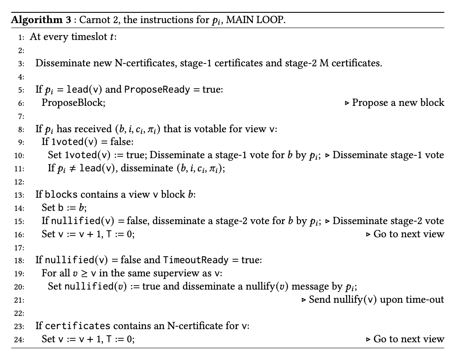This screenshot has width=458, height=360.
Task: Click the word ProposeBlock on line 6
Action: pyautogui.click(x=73, y=103)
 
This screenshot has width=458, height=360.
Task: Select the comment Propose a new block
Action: pyautogui.click(x=398, y=103)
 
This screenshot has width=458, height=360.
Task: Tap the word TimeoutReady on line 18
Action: pyautogui.click(x=196, y=260)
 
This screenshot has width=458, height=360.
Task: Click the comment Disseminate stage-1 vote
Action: pyautogui.click(x=388, y=155)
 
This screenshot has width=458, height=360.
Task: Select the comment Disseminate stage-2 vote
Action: pyautogui.click(x=388, y=221)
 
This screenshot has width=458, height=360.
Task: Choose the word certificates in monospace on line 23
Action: pyautogui.click(x=77, y=326)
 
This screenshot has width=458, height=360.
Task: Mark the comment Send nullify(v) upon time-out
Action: pyautogui.click(x=376, y=299)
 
